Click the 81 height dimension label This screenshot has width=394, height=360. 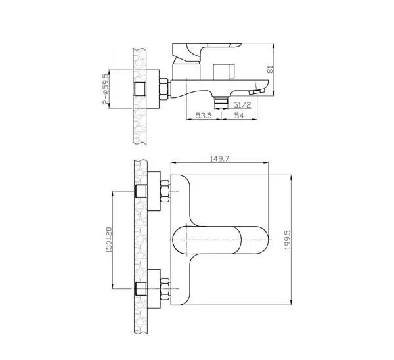click(270, 69)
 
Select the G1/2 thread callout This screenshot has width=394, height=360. click(242, 105)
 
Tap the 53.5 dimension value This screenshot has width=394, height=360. click(204, 116)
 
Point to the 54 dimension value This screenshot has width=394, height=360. click(239, 116)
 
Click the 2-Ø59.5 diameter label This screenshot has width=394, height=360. click(106, 89)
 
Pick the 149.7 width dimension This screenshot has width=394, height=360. click(219, 159)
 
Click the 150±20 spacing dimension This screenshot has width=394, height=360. click(109, 240)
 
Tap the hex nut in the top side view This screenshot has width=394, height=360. click(164, 89)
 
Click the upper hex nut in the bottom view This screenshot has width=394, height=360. click(165, 191)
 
